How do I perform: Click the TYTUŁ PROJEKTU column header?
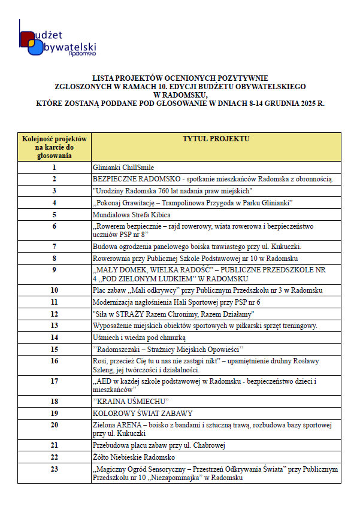(x=216, y=139)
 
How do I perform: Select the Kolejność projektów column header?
(x=55, y=147)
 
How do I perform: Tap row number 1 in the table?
(x=55, y=168)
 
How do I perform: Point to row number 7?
(x=55, y=246)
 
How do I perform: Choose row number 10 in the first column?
(x=55, y=290)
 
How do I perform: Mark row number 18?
(x=55, y=401)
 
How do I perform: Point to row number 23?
(x=55, y=469)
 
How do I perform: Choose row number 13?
(x=55, y=326)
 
